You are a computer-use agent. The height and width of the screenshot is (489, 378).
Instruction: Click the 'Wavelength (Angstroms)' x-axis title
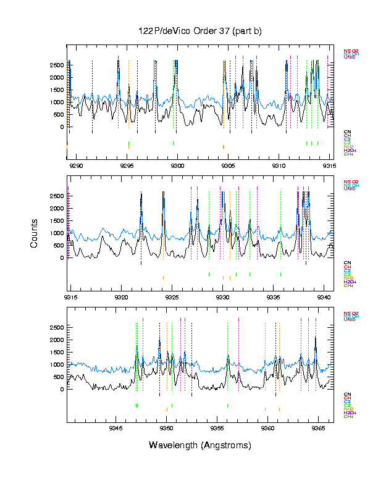pyautogui.click(x=199, y=445)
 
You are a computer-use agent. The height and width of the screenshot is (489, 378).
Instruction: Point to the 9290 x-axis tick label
pyautogui.click(x=76, y=165)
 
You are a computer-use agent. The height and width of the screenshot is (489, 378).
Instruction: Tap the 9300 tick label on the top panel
pyautogui.click(x=177, y=165)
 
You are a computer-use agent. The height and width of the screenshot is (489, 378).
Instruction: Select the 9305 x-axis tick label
pyautogui.click(x=228, y=165)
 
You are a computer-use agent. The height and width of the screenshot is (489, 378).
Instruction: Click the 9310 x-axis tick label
pyautogui.click(x=279, y=165)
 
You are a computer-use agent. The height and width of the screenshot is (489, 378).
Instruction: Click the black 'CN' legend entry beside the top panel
pyautogui.click(x=347, y=132)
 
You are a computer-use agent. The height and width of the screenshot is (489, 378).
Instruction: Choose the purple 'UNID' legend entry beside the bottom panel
pyautogui.click(x=350, y=319)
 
